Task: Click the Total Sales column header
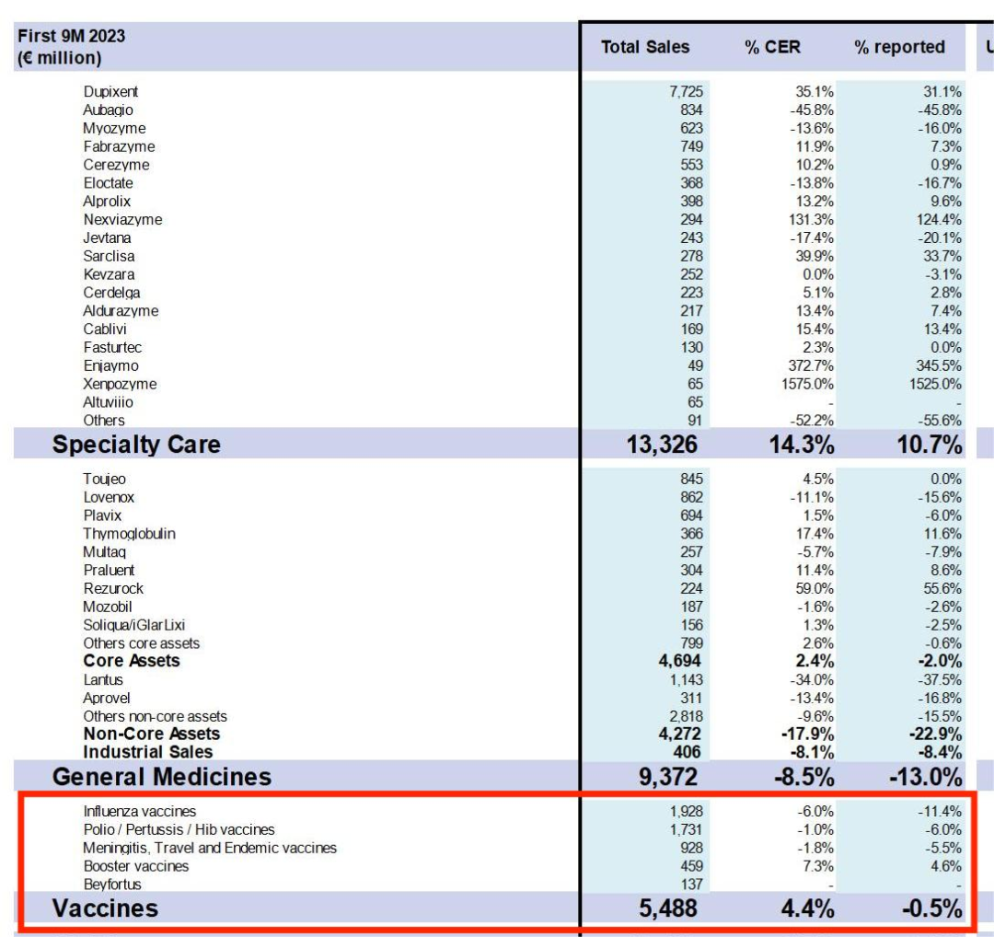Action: tap(645, 47)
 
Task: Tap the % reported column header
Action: tap(899, 47)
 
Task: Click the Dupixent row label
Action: tap(110, 92)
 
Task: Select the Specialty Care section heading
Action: tap(136, 445)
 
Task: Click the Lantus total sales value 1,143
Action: tap(685, 680)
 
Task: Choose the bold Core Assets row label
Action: tap(132, 661)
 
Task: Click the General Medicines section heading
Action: tap(162, 777)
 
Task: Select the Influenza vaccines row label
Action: tap(139, 812)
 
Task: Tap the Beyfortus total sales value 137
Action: tap(691, 885)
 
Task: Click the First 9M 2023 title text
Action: tap(71, 37)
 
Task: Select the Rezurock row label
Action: tap(113, 588)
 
